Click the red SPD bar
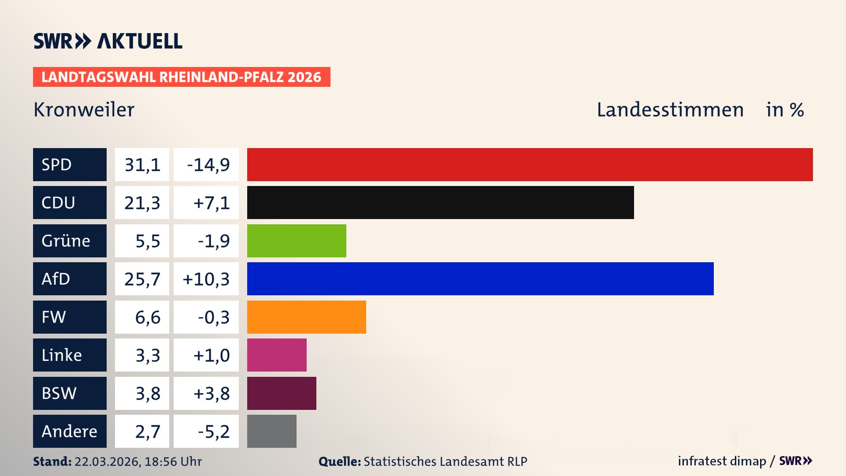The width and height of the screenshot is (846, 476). tap(530, 164)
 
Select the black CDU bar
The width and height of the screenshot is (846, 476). tap(440, 202)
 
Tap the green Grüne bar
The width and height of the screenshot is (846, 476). tap(297, 241)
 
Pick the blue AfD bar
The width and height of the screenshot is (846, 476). tap(480, 279)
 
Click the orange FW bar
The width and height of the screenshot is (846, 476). tap(306, 317)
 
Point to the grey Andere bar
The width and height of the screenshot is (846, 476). tap(271, 431)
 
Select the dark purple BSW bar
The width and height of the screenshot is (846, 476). tap(282, 393)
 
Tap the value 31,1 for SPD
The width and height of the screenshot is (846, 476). tap(142, 164)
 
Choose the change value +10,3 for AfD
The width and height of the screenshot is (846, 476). tap(206, 279)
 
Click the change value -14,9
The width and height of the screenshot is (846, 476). tap(208, 164)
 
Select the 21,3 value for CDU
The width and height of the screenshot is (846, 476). tap(142, 202)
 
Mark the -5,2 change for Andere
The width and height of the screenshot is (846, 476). tap(213, 431)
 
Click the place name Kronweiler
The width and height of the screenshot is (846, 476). tap(84, 110)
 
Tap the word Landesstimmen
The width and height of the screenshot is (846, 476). tap(670, 110)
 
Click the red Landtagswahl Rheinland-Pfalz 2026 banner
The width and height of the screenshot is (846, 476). tap(182, 77)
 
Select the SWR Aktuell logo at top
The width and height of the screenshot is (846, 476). tap(108, 41)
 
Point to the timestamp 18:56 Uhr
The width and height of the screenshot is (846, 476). tap(173, 461)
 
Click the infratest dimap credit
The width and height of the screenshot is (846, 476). tap(722, 461)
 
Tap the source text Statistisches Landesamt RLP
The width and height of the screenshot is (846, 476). tap(445, 461)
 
